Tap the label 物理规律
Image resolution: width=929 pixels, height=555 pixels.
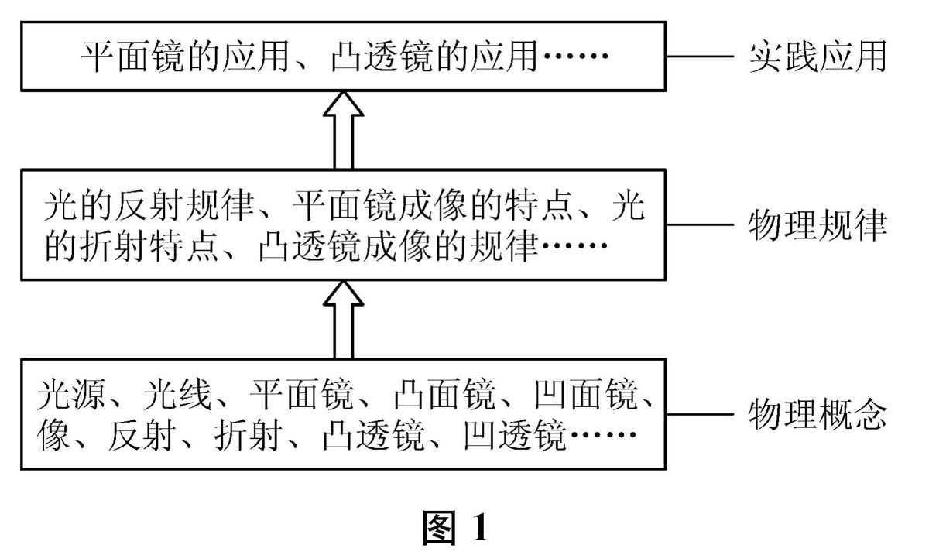pos(818,227)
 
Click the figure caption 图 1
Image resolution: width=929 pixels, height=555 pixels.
pos(457,528)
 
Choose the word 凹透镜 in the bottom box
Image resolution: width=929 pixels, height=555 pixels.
pos(515,437)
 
